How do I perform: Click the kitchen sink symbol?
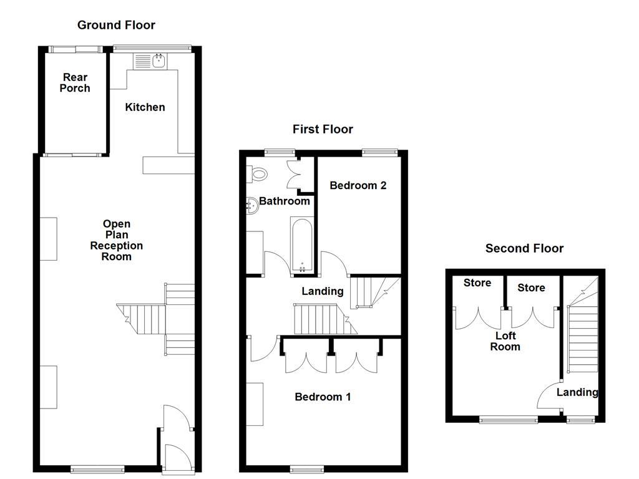149,61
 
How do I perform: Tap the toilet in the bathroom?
258,174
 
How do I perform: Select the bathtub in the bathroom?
301,245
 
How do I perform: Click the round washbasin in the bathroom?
252,204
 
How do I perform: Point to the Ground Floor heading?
116,25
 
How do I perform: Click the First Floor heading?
323,129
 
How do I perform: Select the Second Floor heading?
524,249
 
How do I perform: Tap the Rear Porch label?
75,83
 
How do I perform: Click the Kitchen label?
145,107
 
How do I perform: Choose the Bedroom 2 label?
358,185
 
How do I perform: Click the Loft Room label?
505,341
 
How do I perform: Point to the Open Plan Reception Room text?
117,240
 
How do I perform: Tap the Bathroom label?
285,201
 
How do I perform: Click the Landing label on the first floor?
323,291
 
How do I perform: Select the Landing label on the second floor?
577,392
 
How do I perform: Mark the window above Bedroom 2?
380,152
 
